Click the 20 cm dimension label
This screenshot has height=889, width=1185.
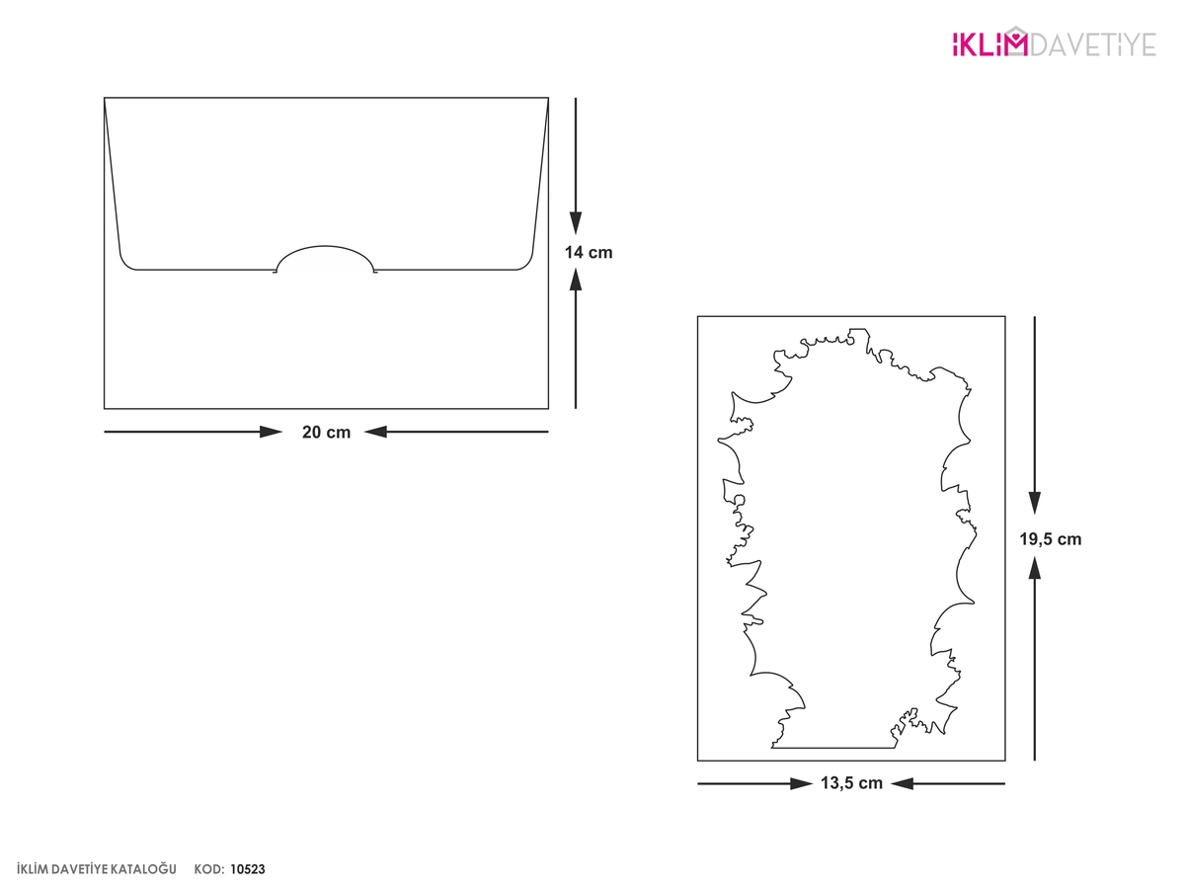coord(326,433)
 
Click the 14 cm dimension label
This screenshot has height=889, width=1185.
coord(589,253)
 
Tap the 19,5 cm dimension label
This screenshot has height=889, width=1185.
coord(1050,539)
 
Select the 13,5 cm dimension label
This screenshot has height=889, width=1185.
coord(851,783)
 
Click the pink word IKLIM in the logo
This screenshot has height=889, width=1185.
coord(983,44)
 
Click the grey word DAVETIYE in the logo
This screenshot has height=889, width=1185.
coord(1093,44)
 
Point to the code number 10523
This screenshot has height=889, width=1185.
coord(248,869)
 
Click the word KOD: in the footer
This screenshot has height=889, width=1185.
coord(209,869)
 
